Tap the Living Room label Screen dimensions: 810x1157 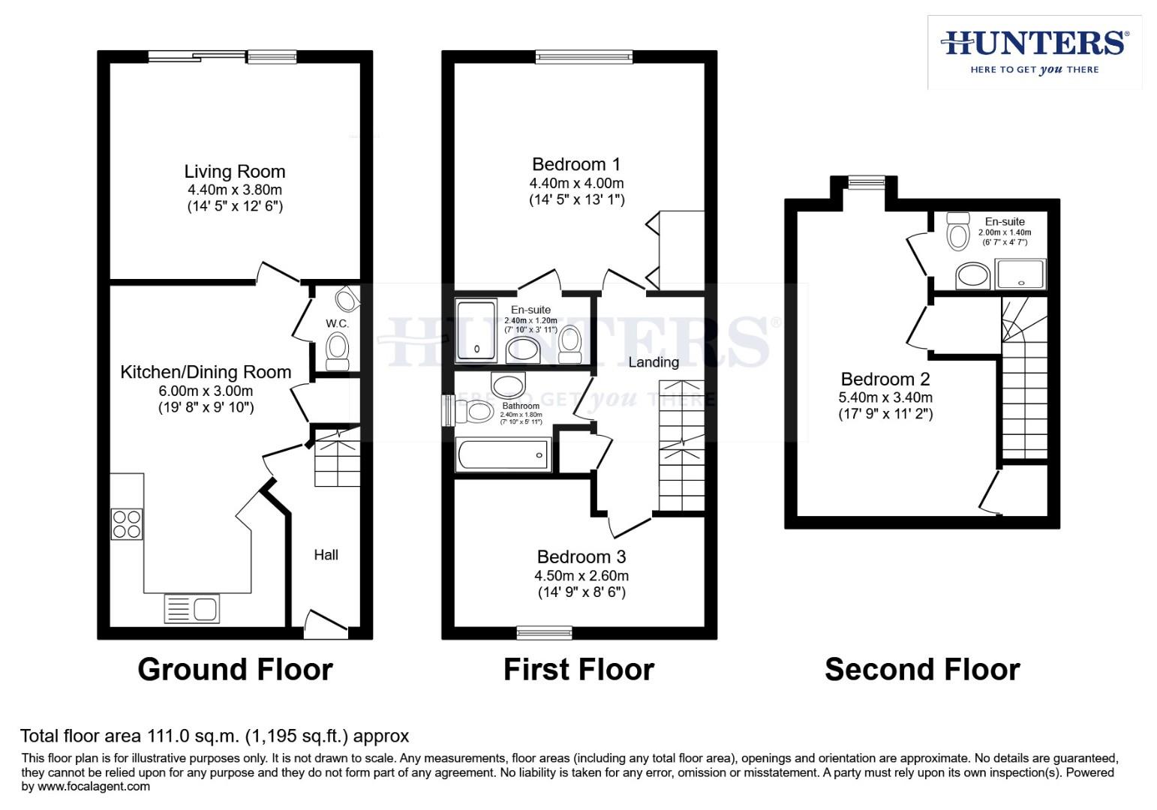click(x=234, y=172)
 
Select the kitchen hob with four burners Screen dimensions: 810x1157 click(x=127, y=523)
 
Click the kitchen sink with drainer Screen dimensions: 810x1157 click(x=192, y=608)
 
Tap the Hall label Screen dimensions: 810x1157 click(x=326, y=555)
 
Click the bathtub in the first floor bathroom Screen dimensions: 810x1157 click(x=502, y=454)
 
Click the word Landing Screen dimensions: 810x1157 click(x=654, y=362)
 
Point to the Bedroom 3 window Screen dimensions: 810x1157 click(x=544, y=632)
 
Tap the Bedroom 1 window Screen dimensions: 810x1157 click(x=584, y=56)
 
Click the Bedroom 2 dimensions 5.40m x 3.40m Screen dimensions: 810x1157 click(x=885, y=397)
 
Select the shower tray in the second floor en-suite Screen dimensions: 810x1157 click(x=1020, y=274)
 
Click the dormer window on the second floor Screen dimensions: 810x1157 click(x=866, y=181)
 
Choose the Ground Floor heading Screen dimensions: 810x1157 click(x=235, y=669)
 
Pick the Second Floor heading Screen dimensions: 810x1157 click(x=922, y=669)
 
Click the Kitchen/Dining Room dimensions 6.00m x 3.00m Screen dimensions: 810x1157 click(x=206, y=391)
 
